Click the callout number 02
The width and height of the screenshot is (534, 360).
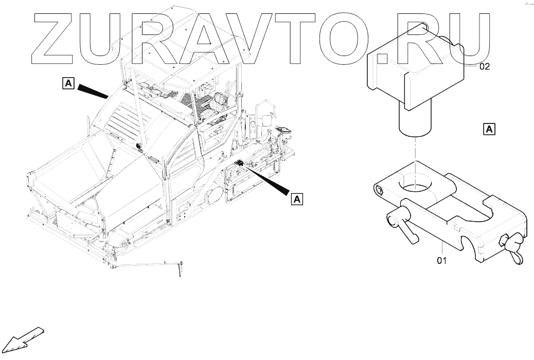[x=485, y=67]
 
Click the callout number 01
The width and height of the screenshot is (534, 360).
[x=441, y=260]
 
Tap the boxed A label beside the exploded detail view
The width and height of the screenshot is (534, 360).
[x=489, y=129]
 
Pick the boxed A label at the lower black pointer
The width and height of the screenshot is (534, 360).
[x=297, y=198]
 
